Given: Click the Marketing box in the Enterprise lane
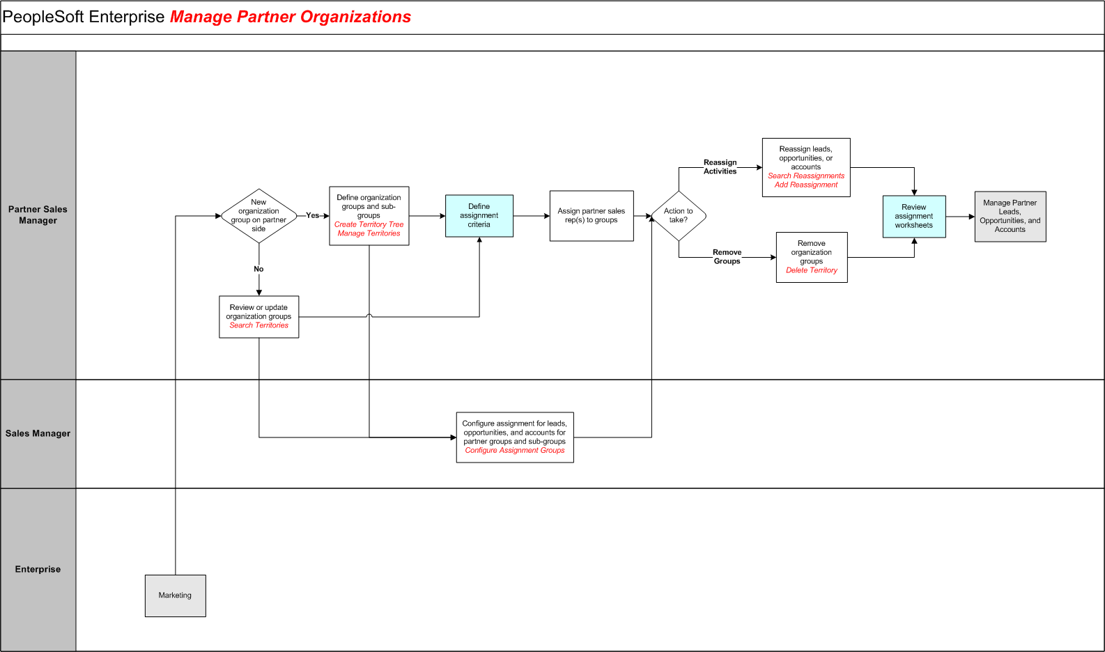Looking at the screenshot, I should (175, 596).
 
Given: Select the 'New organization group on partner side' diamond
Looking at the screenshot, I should (258, 216).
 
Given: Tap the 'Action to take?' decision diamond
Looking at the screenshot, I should (678, 216).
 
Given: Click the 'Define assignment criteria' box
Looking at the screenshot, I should (479, 216).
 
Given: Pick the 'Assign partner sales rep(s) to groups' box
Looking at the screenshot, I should (591, 216).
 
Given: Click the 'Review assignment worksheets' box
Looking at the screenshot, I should (913, 217).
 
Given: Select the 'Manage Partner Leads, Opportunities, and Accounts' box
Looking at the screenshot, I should (1010, 217).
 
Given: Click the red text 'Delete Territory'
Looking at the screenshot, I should (812, 270).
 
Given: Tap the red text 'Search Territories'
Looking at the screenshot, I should (258, 325).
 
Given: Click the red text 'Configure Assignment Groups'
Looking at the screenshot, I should (515, 451).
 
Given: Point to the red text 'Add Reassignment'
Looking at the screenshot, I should (806, 185).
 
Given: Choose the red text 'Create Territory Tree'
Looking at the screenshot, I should (369, 224).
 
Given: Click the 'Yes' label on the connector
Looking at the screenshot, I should (313, 215).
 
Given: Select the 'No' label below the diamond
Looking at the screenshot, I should (258, 269).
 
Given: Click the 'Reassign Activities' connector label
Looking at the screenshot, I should (720, 167).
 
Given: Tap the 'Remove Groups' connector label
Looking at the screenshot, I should (727, 257).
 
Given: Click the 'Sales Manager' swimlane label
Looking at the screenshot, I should (38, 433).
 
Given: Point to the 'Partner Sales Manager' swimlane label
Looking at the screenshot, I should (38, 215).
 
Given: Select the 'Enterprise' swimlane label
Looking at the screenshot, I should (38, 569).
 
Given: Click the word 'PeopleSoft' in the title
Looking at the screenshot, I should (43, 17).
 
